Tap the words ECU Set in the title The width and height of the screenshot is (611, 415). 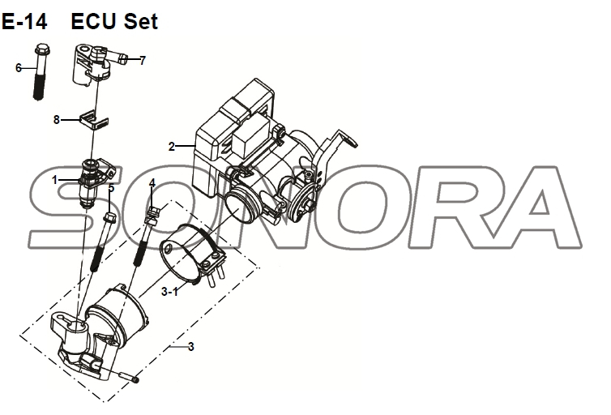coord(114,22)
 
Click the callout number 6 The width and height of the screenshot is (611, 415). coord(19,68)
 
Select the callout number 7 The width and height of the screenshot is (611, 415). coord(143,60)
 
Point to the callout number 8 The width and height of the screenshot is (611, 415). coord(56,119)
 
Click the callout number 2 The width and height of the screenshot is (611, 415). coord(171,147)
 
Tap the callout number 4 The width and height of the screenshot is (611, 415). coord(152,183)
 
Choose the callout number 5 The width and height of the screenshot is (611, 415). coord(111,190)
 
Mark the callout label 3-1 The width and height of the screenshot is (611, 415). coord(169,290)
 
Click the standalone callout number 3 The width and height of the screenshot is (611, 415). coord(190,347)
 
